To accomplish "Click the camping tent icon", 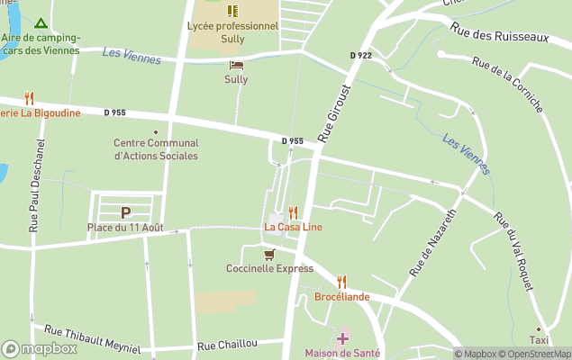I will click(39, 22).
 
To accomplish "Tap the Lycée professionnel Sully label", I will click(232, 26).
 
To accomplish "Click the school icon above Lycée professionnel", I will click(232, 11).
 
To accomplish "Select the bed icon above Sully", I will click(236, 65).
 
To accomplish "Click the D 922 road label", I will click(360, 56).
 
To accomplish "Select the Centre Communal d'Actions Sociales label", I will click(156, 149).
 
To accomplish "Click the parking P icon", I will click(126, 212).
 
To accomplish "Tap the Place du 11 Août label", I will click(125, 228).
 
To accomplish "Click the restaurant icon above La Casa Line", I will click(293, 212).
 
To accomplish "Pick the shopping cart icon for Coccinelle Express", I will click(268, 255).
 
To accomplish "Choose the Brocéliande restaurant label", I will click(341, 296).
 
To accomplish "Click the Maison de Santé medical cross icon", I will click(341, 338).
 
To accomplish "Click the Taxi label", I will click(539, 341).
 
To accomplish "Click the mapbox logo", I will click(40, 348).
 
